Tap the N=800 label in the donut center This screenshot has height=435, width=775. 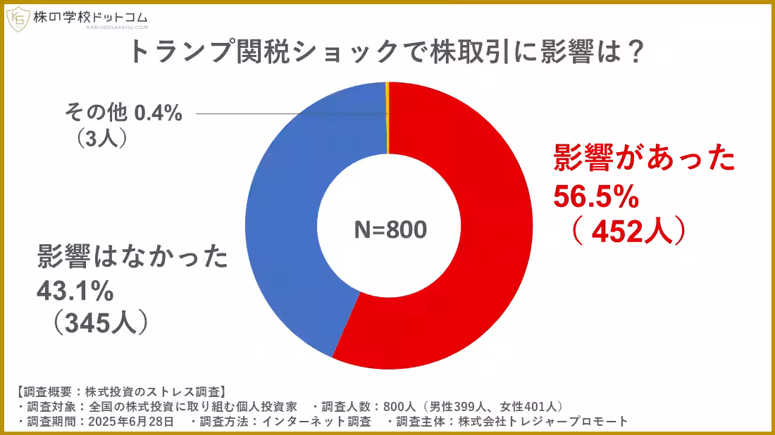[390, 229]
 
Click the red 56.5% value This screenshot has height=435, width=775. [595, 197]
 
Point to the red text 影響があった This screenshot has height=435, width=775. [643, 160]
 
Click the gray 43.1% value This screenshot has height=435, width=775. [74, 289]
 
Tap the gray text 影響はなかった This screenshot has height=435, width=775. [132, 258]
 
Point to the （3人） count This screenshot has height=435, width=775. [103, 138]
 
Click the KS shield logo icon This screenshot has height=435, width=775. [17, 19]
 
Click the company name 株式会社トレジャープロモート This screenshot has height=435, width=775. [542, 422]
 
